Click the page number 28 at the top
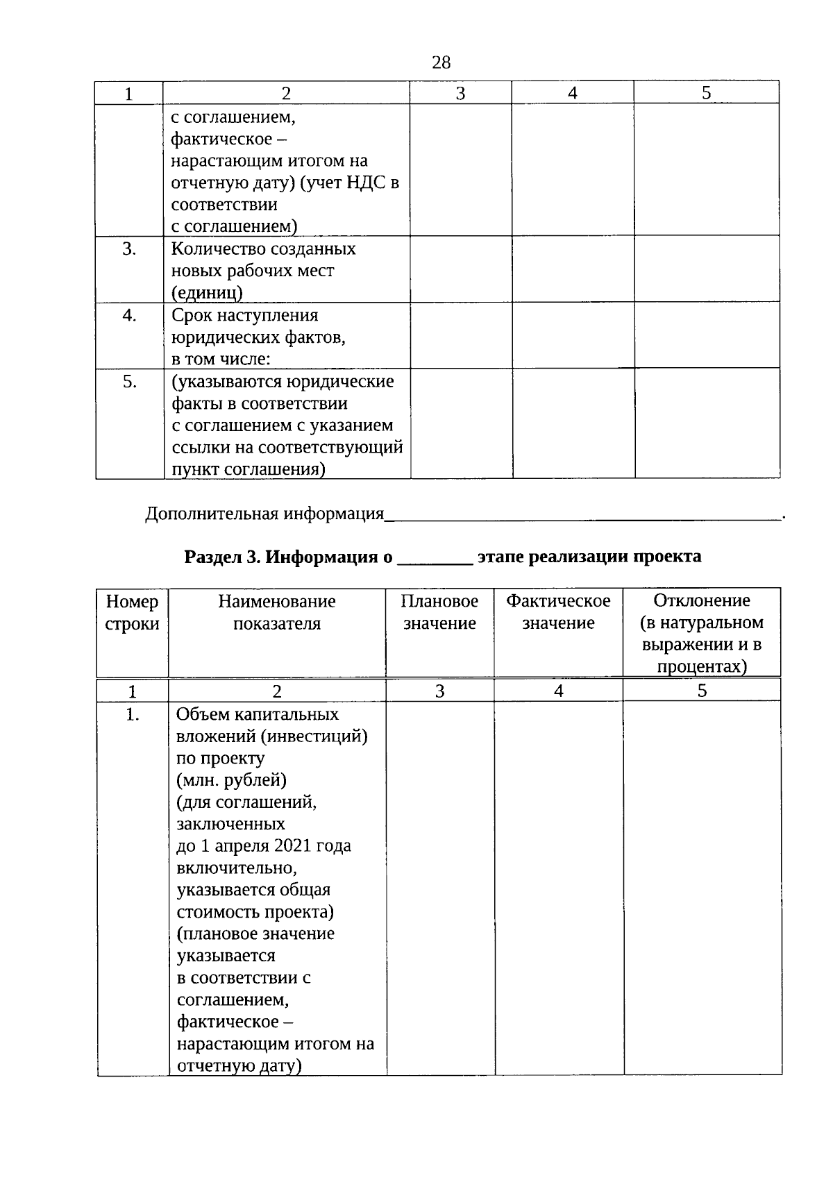[x=441, y=63]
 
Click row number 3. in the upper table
[x=129, y=249]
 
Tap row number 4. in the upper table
[x=129, y=316]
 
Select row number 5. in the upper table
[x=129, y=382]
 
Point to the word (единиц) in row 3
[x=207, y=293]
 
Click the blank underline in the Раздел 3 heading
[x=435, y=559]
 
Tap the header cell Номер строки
[x=132, y=612]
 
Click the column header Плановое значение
[x=439, y=612]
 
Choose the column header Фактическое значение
[x=558, y=612]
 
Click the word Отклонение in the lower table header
[x=702, y=600]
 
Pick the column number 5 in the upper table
[x=706, y=93]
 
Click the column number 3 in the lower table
[x=439, y=691]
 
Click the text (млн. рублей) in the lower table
[x=231, y=780]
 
